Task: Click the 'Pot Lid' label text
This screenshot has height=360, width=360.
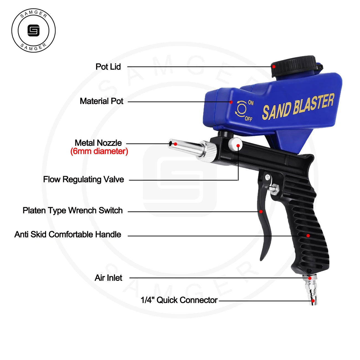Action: coord(108,67)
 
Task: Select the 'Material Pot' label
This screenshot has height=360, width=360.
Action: coord(101,101)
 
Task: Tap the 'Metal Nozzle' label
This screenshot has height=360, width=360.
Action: coord(98,143)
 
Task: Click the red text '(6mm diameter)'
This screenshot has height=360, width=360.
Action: coord(99,151)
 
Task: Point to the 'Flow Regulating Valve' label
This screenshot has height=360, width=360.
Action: coord(84,179)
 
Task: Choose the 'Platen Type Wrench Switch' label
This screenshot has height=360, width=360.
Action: coord(73,210)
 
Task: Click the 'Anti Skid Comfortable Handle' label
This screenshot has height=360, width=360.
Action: coord(68,234)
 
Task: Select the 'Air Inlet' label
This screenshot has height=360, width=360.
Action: coord(108,277)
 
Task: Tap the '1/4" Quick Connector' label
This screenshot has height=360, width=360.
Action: coord(179,300)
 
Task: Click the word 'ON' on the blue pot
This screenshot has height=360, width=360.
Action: coord(251,102)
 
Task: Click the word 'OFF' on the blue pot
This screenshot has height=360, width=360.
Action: coord(248,119)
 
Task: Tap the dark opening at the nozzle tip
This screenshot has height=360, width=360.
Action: coord(170,144)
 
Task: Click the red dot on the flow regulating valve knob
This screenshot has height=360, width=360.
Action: coord(238,146)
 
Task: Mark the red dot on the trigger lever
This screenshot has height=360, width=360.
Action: coord(261,212)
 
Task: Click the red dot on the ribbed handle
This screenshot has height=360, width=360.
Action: coord(308,236)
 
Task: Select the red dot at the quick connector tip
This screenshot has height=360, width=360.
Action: coord(313,301)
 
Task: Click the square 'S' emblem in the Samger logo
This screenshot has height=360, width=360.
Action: coord(34,30)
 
